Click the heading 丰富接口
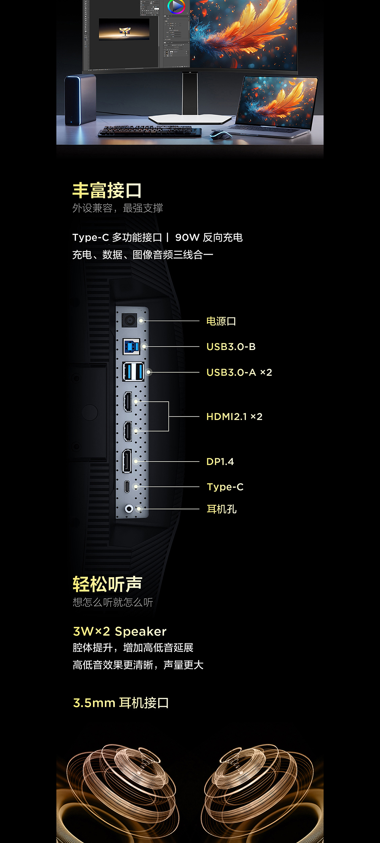107,190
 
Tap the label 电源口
221,321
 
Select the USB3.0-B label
231,346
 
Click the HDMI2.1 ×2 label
234,416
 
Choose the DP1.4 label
220,462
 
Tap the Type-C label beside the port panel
225,487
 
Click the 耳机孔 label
222,509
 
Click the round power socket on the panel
129,320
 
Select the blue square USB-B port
131,346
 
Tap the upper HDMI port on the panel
128,402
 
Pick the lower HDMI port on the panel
128,431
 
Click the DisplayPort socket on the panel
127,461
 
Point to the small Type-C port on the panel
127,487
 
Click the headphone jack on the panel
129,509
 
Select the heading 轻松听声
107,584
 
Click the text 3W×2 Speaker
120,631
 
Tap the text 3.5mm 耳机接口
121,703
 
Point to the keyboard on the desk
149,131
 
